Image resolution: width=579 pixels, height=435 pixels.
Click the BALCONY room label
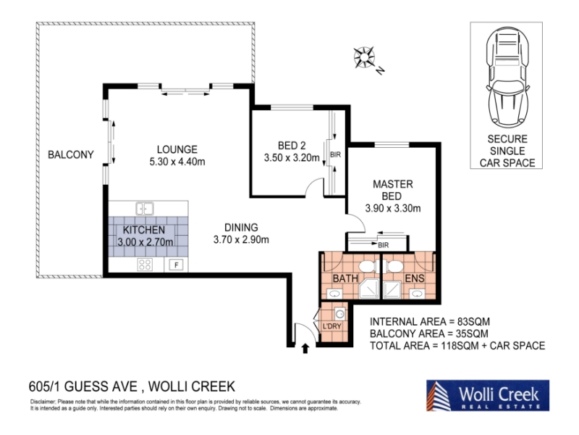[71, 154]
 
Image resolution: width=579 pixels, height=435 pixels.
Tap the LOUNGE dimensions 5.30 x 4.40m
[177, 162]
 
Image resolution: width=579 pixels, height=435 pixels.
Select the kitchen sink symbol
[145, 208]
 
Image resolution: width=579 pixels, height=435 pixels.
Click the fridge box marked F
[177, 265]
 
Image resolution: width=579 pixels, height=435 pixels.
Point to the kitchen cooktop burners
[144, 265]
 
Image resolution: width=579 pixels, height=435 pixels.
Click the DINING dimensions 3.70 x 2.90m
[241, 240]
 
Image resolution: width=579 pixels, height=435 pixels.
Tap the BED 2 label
[292, 146]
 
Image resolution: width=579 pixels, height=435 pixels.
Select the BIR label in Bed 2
[335, 154]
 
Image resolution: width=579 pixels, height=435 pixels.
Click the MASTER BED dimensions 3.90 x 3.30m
[393, 208]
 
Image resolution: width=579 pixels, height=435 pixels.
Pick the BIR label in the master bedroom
[384, 245]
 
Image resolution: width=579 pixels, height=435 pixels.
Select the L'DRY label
[332, 326]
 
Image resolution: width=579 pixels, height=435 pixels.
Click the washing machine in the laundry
[340, 314]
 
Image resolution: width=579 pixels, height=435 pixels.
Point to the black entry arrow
[305, 349]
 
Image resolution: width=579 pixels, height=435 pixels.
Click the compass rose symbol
[364, 58]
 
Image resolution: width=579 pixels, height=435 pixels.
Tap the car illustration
[507, 76]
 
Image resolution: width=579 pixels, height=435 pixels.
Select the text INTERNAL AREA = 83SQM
[430, 322]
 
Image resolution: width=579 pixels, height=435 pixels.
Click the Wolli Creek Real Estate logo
[488, 395]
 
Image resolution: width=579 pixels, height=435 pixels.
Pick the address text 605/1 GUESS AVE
[83, 386]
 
